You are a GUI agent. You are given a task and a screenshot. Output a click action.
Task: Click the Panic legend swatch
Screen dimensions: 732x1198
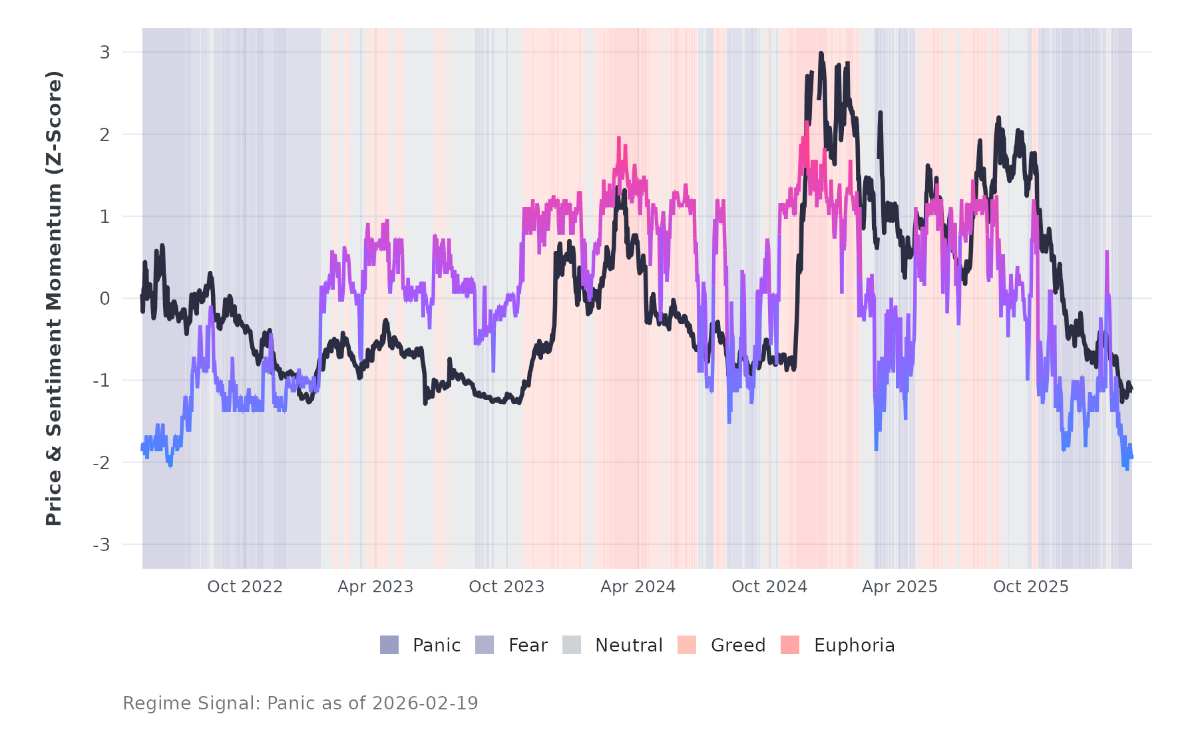389,645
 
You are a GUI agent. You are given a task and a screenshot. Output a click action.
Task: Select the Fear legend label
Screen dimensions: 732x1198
528,645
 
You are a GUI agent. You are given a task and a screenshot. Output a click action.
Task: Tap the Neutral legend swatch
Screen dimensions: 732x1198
572,645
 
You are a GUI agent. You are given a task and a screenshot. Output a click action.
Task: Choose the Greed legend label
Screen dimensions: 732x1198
738,645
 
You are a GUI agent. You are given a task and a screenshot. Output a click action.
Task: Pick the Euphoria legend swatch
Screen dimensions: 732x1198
790,645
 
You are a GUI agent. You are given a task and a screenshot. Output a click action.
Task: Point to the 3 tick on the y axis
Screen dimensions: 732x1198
104,52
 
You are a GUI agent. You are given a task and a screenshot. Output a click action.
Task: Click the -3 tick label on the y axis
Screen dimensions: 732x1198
101,545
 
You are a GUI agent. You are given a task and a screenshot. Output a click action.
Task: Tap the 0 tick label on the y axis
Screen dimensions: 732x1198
104,299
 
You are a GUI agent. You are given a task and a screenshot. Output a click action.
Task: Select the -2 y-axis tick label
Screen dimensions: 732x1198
101,463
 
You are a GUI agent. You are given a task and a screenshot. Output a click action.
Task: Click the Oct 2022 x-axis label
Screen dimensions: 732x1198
245,587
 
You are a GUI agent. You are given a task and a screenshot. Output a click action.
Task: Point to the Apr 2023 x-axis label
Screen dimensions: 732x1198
375,587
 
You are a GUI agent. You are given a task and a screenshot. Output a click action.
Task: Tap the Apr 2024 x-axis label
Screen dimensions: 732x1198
638,587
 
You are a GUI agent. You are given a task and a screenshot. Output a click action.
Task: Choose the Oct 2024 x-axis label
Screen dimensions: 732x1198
769,587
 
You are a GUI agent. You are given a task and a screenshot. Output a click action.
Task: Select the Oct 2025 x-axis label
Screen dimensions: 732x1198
1031,587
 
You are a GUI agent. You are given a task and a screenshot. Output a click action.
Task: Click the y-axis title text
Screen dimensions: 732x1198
54,298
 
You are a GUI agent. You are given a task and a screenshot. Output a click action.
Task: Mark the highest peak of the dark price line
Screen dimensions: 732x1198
821,54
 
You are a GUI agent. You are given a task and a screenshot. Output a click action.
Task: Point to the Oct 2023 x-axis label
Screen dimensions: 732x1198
506,587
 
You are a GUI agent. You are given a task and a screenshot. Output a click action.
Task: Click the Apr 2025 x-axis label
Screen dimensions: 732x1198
900,587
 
